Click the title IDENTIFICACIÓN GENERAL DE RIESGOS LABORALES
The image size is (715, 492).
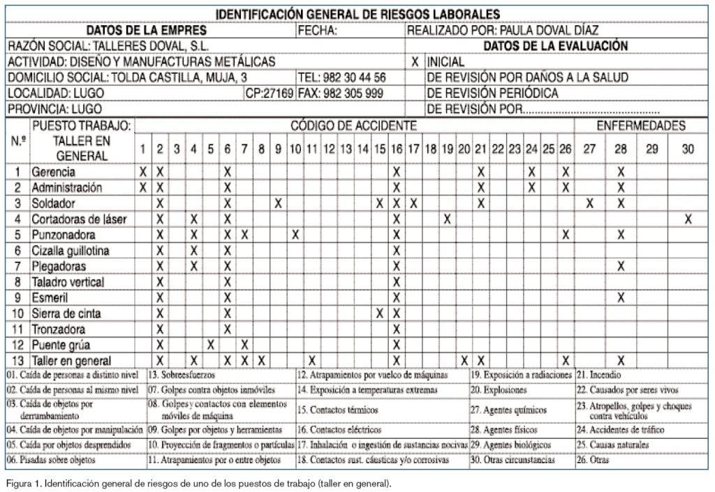click(357, 14)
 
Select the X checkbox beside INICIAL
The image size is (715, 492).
click(415, 61)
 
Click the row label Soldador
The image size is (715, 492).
click(53, 203)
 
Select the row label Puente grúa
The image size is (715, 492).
click(61, 345)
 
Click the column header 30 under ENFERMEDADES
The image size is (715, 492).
click(688, 149)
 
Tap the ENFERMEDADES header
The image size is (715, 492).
click(640, 126)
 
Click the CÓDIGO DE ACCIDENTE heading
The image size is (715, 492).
click(353, 126)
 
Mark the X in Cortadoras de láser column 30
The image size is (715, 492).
click(688, 219)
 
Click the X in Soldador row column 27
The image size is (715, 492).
click(590, 203)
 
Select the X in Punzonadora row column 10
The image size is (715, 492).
click(295, 234)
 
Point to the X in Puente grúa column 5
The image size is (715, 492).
click(210, 345)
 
